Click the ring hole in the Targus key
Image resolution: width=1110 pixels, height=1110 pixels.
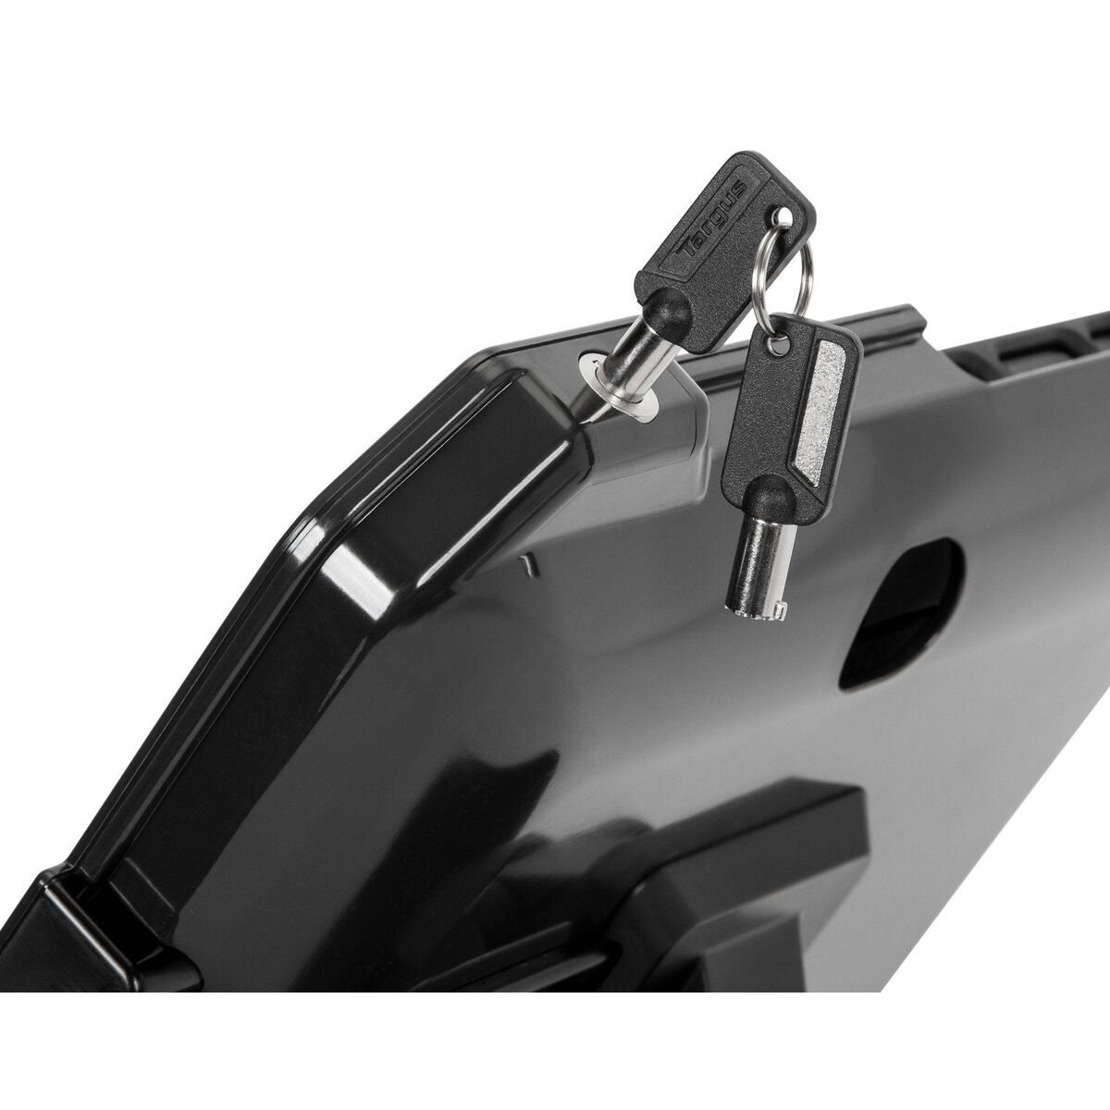click(784, 219)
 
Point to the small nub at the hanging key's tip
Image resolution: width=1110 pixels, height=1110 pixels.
click(780, 610)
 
